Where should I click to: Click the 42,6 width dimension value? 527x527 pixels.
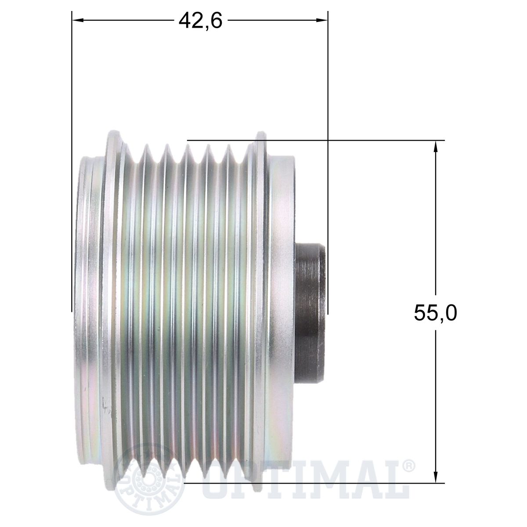[x=200, y=21]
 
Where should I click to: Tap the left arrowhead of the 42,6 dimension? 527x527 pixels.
[x=78, y=20]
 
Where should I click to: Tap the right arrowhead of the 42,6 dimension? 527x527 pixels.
[x=321, y=20]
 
